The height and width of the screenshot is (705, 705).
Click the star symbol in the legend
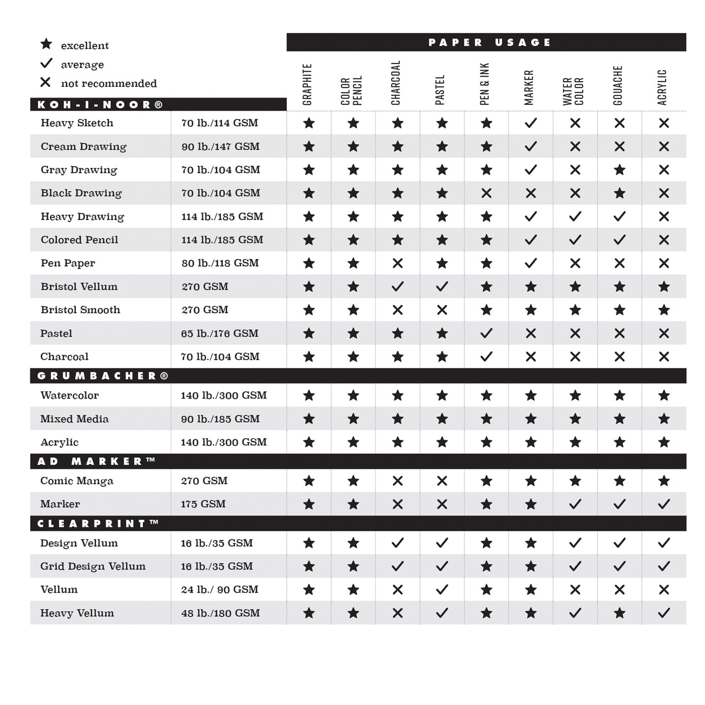coord(46,44)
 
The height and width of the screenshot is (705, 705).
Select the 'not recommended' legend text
coord(109,84)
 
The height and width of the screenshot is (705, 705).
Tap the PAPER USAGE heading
coord(489,43)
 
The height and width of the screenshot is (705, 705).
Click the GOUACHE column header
coord(618,86)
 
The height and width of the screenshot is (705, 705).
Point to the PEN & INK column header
coord(485,84)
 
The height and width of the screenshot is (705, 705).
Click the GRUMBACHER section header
coord(103,376)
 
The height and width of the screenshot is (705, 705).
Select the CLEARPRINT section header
coord(98,523)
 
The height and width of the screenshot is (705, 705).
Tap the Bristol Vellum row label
coord(79,286)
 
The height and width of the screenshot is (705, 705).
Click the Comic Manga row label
coord(76,481)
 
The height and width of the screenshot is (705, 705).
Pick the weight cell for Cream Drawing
coord(220,146)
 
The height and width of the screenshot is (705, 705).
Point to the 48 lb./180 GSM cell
coord(220,613)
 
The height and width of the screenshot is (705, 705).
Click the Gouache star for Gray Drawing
coord(619,170)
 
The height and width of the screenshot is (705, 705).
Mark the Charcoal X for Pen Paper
coord(398,263)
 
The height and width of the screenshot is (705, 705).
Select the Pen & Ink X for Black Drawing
coord(486,193)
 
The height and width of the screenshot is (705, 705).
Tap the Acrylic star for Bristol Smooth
coord(664,310)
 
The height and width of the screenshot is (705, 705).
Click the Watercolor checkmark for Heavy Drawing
coord(575,216)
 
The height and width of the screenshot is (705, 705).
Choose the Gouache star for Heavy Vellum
coord(619,613)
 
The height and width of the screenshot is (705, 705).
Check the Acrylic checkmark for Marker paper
coord(664,504)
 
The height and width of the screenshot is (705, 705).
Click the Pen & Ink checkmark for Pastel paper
coord(486,333)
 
